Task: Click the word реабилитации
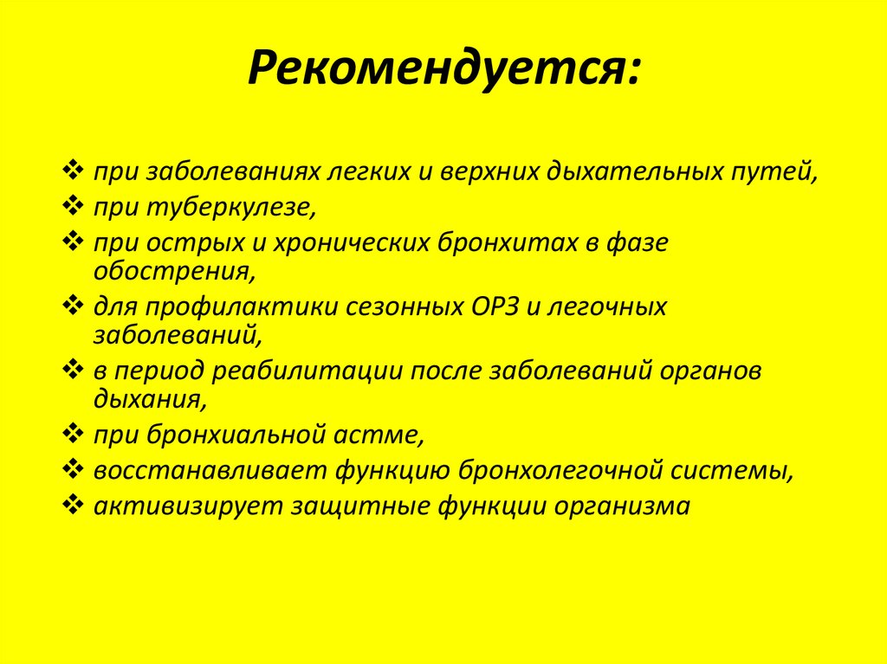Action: tap(311, 371)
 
